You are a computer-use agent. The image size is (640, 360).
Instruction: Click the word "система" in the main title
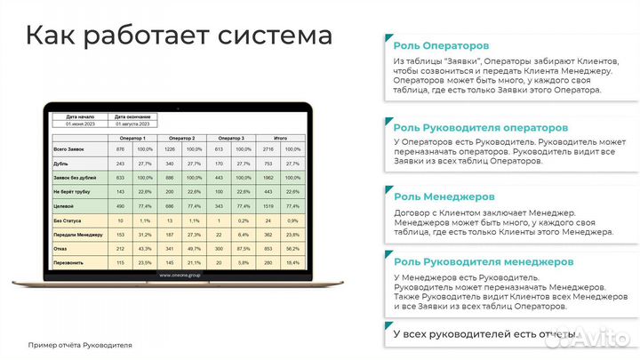point(270,36)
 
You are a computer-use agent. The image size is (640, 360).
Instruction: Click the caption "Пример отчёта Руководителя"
point(80,344)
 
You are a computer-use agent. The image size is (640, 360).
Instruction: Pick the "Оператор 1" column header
point(131,139)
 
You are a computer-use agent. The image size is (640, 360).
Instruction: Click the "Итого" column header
point(280,139)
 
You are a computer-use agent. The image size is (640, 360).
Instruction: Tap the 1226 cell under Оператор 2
point(170,149)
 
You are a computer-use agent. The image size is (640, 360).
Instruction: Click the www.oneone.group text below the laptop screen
point(180,276)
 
